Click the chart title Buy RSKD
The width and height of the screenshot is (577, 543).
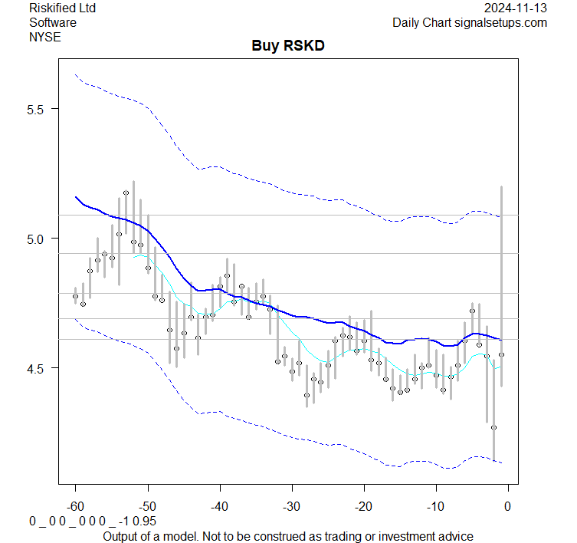(288, 46)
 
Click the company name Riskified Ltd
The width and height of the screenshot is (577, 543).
(64, 8)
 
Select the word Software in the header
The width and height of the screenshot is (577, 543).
(53, 22)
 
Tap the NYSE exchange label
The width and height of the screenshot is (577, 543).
(44, 36)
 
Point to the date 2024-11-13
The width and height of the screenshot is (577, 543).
(516, 8)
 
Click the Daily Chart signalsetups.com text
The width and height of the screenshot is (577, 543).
(470, 22)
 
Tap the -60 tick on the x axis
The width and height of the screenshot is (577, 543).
(75, 505)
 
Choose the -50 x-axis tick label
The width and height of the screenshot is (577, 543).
(147, 505)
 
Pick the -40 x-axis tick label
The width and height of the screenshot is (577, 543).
(219, 505)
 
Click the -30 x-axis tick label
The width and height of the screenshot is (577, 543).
(291, 505)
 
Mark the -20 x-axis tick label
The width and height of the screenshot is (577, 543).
(363, 505)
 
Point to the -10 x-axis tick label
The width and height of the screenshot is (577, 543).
(435, 505)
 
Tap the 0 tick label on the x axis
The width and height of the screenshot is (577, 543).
(507, 505)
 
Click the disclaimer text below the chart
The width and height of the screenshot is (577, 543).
(288, 536)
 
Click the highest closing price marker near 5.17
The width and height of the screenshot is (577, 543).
(126, 193)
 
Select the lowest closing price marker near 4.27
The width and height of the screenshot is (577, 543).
(494, 427)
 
